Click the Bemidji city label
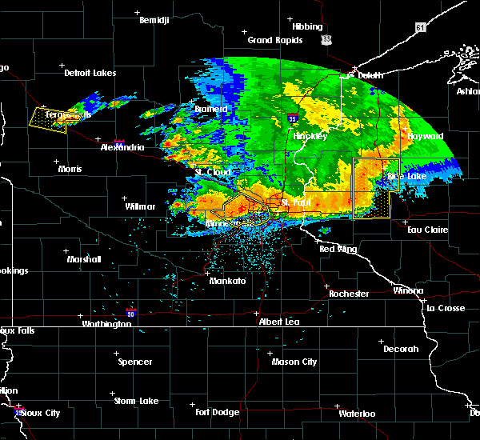click(x=154, y=21)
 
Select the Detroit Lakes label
click(x=90, y=73)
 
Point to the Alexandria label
click(x=122, y=148)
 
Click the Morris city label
click(x=70, y=169)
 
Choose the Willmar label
click(x=140, y=206)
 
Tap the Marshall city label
click(x=84, y=259)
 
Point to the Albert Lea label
click(x=278, y=321)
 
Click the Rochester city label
click(x=349, y=294)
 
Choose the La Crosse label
click(x=445, y=308)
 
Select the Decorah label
click(x=400, y=349)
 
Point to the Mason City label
click(x=294, y=362)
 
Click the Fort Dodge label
click(x=218, y=412)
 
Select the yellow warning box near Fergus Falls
click(x=49, y=118)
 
